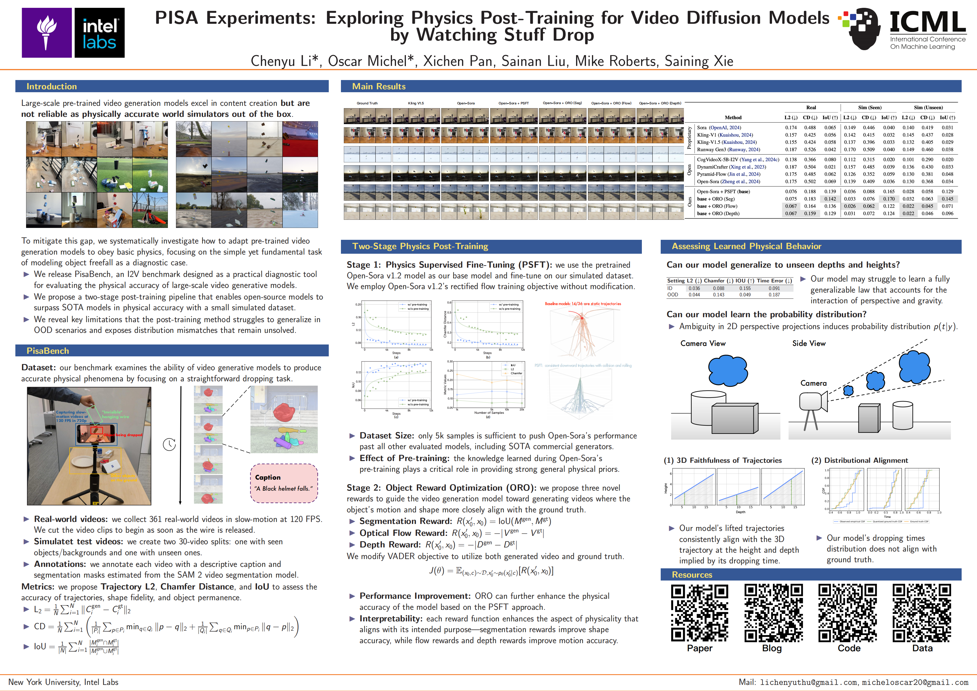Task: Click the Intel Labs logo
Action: tap(99, 33)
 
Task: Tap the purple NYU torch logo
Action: tap(47, 33)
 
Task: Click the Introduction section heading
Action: tap(52, 86)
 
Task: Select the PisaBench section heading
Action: tap(48, 351)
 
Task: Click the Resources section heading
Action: tap(692, 574)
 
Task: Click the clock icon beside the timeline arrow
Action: tap(169, 444)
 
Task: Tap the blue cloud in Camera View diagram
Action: tap(728, 370)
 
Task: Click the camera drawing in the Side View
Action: tap(812, 402)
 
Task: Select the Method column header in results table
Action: tap(733, 117)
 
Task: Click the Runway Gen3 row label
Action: tap(728, 149)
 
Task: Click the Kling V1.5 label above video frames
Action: tap(416, 103)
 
